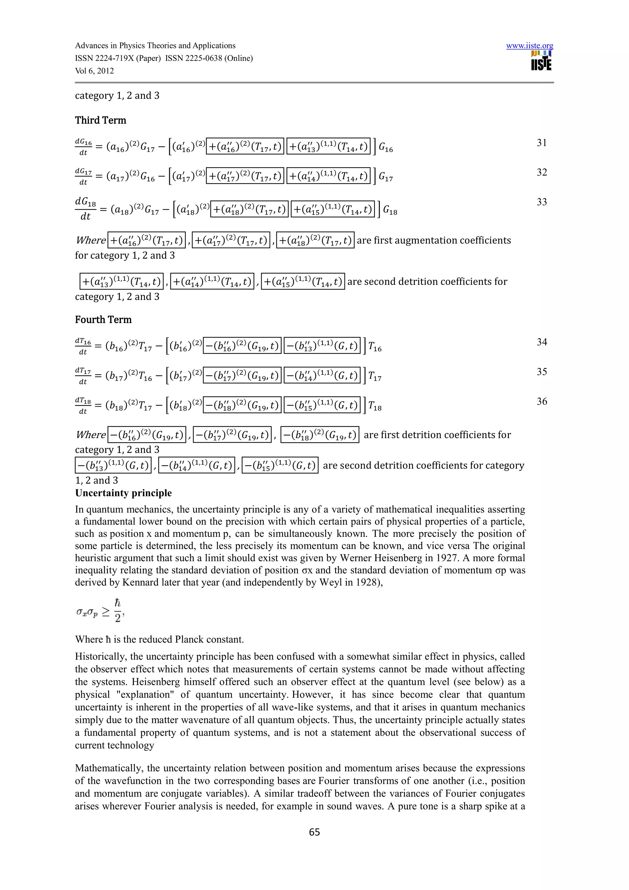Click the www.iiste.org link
point(529,46)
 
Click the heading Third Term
point(100,120)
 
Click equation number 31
point(541,143)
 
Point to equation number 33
point(541,202)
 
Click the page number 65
point(314,832)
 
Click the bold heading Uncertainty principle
point(123,493)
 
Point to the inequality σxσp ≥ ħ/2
point(100,611)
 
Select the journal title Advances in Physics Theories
point(155,46)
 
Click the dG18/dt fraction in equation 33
point(85,209)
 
